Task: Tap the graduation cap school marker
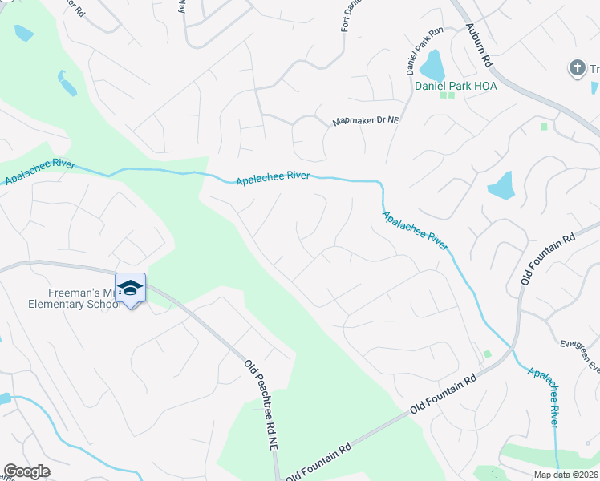point(130,288)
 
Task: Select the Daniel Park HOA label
point(456,85)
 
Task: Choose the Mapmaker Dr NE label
point(366,121)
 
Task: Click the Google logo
point(26,471)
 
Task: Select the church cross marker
point(577,68)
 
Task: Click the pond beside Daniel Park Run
point(433,63)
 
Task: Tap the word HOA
point(484,85)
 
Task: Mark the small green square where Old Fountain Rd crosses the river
point(487,354)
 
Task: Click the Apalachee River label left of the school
point(40,172)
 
